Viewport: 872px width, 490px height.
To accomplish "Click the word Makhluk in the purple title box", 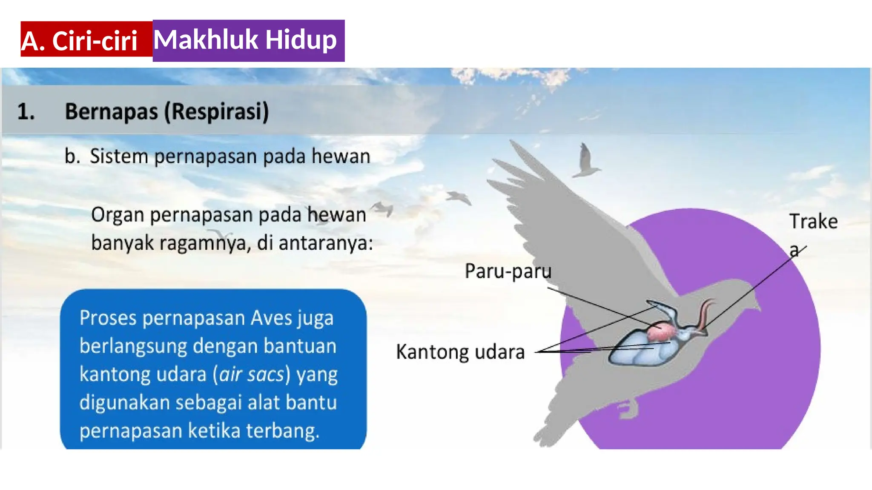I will [x=206, y=40].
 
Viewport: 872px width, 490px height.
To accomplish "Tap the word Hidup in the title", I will [x=301, y=40].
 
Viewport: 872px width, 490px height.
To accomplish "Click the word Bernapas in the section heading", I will [x=111, y=112].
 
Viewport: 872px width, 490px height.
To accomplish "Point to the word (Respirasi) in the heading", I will [x=217, y=112].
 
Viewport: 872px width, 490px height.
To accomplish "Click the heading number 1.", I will [x=26, y=112].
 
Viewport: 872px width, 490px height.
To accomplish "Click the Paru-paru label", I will [x=508, y=271].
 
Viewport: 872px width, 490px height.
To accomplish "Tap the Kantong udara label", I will [x=460, y=352].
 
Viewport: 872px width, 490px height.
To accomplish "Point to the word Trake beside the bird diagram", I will [x=813, y=222].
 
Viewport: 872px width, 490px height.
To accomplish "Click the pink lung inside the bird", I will [x=660, y=332].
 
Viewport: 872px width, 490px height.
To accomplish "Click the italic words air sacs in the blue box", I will [x=252, y=375].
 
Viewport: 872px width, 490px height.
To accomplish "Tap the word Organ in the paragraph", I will [x=118, y=215].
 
